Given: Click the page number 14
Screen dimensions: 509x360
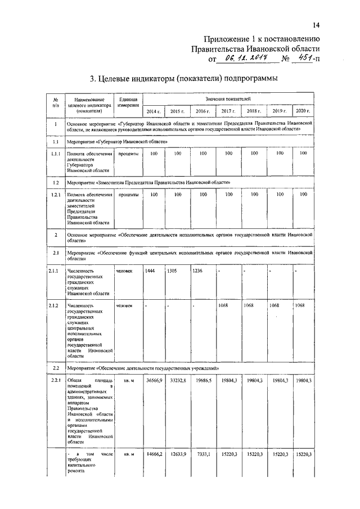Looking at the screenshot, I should (316, 25).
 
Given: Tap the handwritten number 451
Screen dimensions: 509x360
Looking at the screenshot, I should (305, 57).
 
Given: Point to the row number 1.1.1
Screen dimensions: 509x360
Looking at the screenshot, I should (55, 153).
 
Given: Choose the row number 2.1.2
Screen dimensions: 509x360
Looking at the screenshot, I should (55, 305).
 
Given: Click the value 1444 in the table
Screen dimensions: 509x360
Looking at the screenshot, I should (150, 271).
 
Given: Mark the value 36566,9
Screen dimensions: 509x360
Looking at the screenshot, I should (155, 381).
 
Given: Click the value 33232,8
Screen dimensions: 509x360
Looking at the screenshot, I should (178, 381).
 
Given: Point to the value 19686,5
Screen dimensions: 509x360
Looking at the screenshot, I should (204, 381).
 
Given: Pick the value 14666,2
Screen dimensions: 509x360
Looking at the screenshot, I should (155, 454).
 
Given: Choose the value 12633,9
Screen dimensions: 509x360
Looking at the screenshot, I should (178, 454).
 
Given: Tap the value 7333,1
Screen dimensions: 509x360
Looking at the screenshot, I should (205, 454).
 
